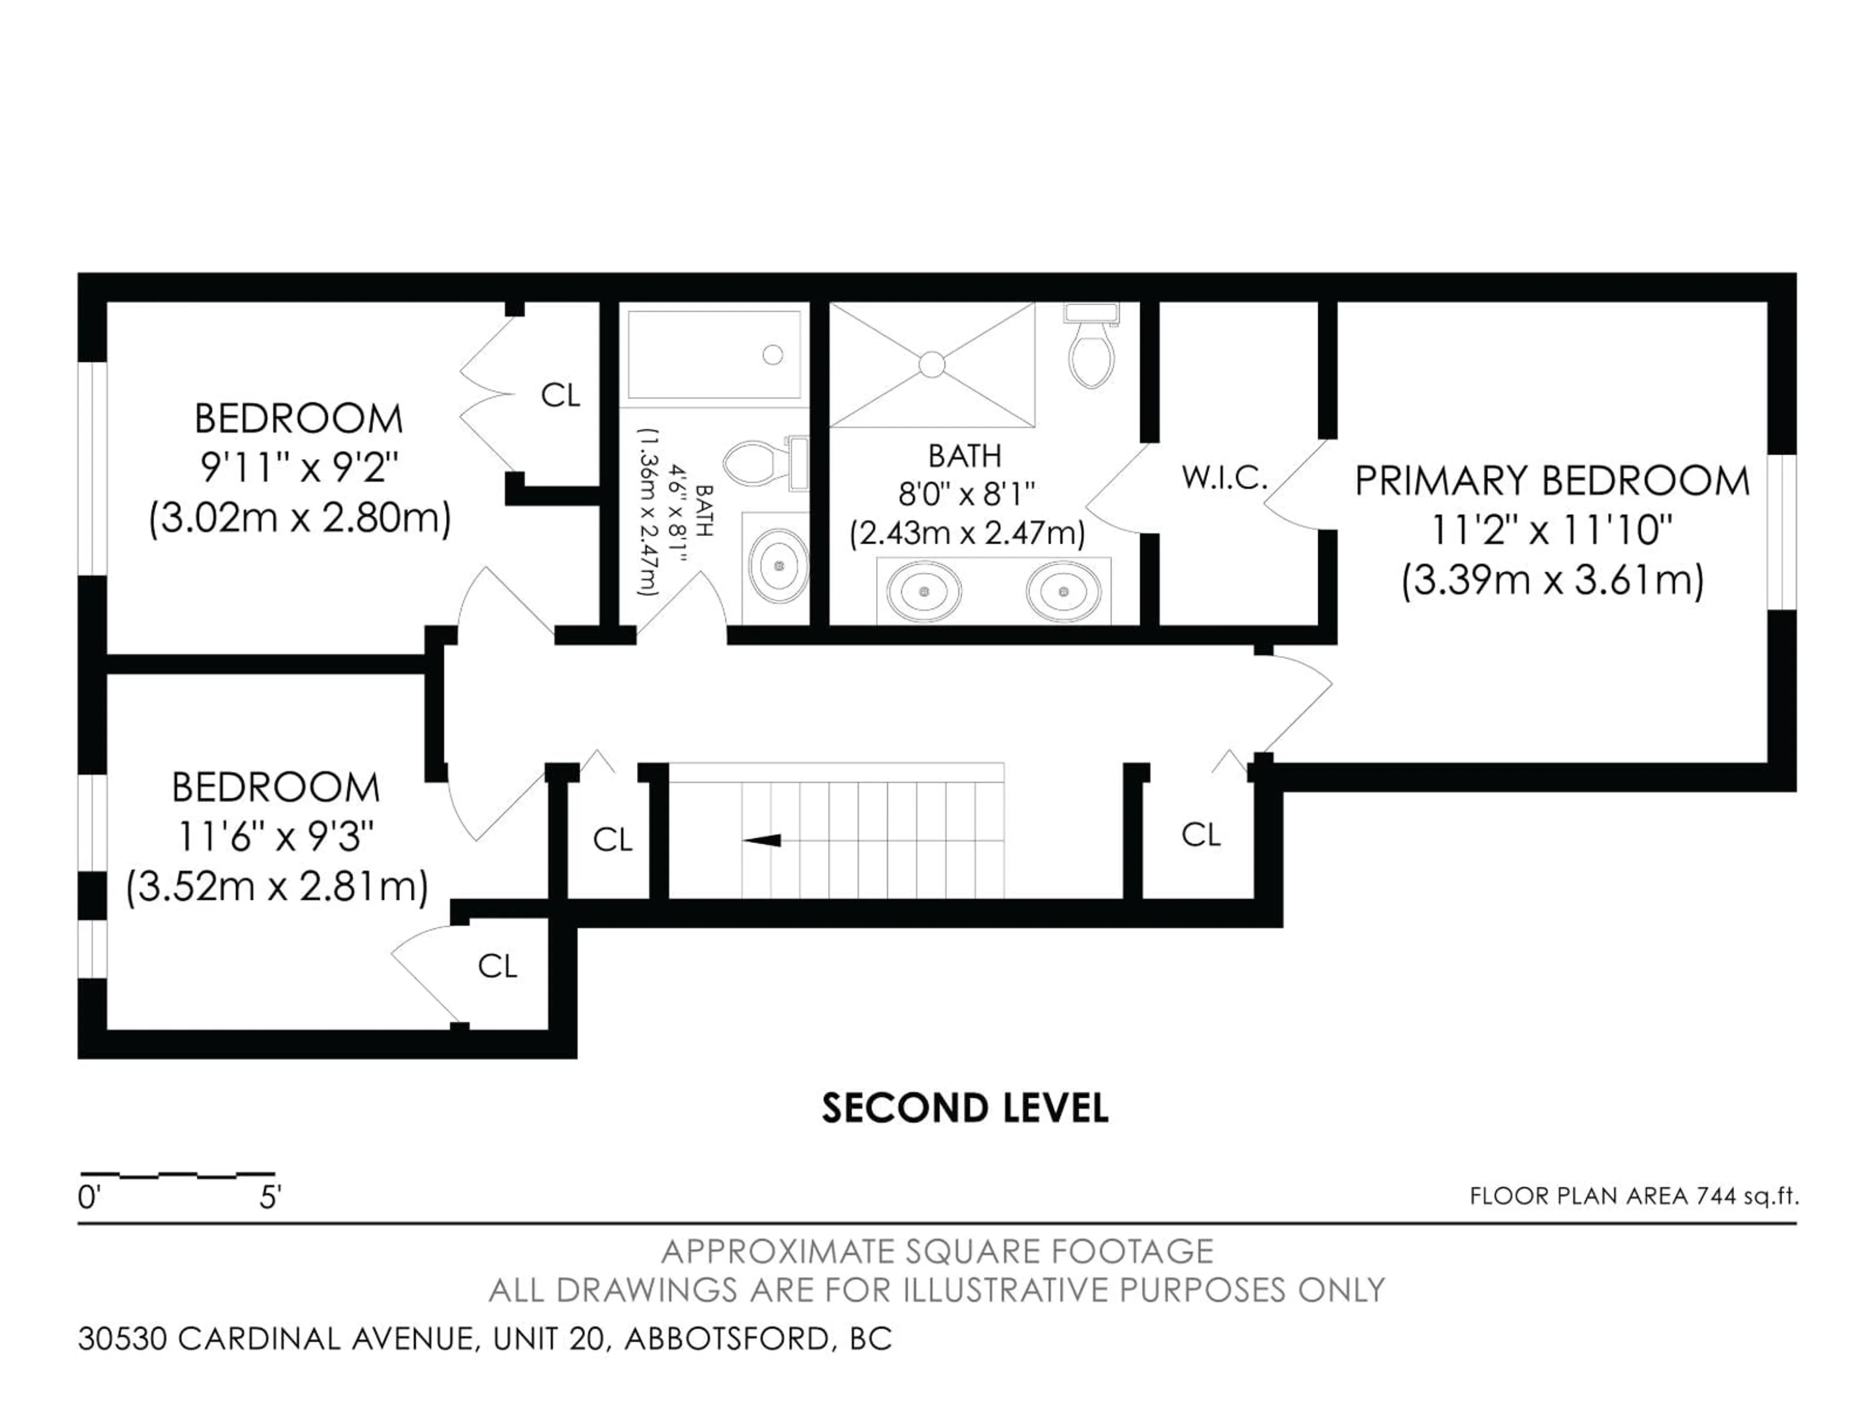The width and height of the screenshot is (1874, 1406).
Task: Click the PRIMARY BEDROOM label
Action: click(x=1551, y=481)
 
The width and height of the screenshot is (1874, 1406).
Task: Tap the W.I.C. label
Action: click(x=1224, y=478)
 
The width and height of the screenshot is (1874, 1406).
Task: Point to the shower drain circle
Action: click(x=932, y=365)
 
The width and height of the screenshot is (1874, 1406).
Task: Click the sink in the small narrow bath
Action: click(x=778, y=565)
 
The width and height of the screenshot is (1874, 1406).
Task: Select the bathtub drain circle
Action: click(x=772, y=354)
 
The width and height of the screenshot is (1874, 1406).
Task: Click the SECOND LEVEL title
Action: click(x=964, y=1109)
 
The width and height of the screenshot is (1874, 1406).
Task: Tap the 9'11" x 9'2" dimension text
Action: click(x=299, y=467)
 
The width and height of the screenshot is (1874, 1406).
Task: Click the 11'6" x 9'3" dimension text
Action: click(x=275, y=837)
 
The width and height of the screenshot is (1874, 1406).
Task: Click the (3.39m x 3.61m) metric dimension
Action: click(x=1552, y=581)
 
